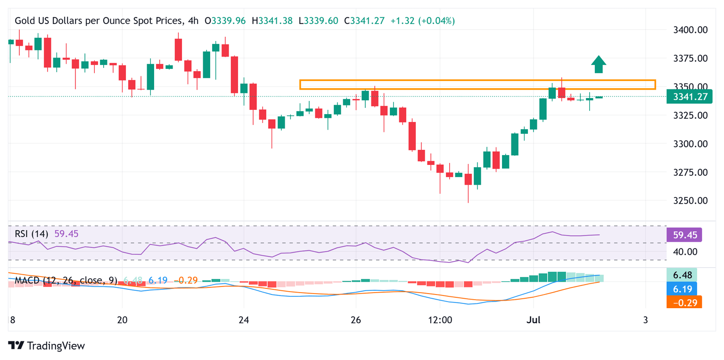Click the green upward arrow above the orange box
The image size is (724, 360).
click(x=599, y=65)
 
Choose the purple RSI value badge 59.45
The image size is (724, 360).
click(x=684, y=234)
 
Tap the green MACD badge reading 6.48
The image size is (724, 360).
click(x=682, y=274)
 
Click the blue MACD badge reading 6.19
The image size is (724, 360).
click(x=682, y=288)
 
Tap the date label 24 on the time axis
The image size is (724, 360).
click(x=243, y=320)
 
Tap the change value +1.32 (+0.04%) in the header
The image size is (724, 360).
click(x=422, y=21)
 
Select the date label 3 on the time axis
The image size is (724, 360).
click(x=645, y=320)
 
